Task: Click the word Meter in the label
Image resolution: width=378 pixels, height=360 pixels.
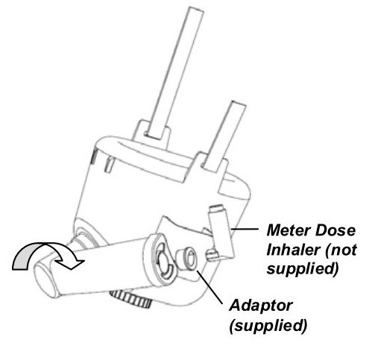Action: click(289, 230)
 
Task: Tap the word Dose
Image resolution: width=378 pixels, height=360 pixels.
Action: click(336, 230)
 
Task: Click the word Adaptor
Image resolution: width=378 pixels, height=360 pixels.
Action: click(261, 306)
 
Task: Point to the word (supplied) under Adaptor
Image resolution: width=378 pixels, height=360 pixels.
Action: click(268, 325)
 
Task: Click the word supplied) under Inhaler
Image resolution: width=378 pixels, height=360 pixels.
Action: click(303, 269)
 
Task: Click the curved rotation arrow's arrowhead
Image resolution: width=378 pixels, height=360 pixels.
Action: click(71, 263)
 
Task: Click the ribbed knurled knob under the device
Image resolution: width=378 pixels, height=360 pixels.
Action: click(131, 300)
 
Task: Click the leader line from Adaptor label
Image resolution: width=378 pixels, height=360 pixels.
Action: click(210, 288)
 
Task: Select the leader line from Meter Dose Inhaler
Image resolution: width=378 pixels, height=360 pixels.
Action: click(245, 229)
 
